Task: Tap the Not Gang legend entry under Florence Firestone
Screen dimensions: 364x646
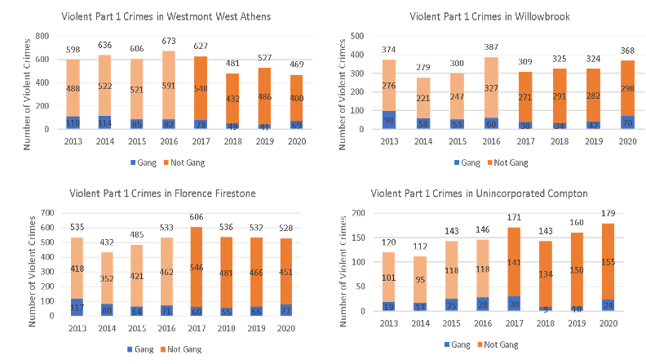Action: (184, 348)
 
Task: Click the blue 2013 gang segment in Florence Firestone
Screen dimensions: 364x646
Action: (78, 307)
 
